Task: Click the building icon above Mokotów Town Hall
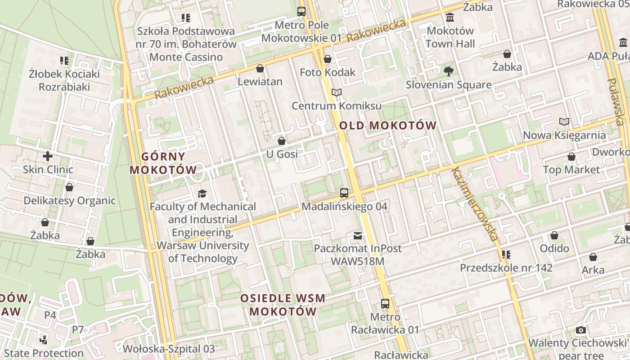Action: pyautogui.click(x=450, y=18)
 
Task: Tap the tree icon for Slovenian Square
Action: pyautogui.click(x=448, y=71)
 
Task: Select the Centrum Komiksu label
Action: pyautogui.click(x=337, y=106)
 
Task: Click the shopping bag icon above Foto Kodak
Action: pyautogui.click(x=328, y=59)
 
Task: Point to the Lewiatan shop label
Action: pyautogui.click(x=260, y=81)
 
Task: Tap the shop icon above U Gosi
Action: pyautogui.click(x=282, y=141)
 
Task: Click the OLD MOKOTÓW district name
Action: pyautogui.click(x=388, y=126)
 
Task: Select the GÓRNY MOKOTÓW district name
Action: pyautogui.click(x=163, y=163)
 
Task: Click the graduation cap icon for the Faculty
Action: pyautogui.click(x=202, y=193)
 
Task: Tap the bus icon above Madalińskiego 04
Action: pyautogui.click(x=344, y=193)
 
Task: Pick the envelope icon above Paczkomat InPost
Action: pyautogui.click(x=358, y=235)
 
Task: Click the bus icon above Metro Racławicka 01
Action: pyautogui.click(x=385, y=304)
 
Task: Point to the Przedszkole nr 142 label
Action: pyautogui.click(x=506, y=268)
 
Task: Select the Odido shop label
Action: pyautogui.click(x=554, y=248)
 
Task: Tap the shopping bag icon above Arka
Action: pyautogui.click(x=593, y=257)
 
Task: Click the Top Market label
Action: pyautogui.click(x=571, y=170)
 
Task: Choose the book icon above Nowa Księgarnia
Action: pyautogui.click(x=564, y=121)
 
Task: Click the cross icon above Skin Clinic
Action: pyautogui.click(x=48, y=157)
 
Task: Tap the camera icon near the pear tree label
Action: pyautogui.click(x=581, y=330)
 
